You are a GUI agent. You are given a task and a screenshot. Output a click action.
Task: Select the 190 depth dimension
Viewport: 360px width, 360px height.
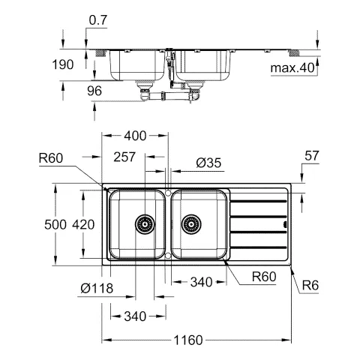tap(64, 65)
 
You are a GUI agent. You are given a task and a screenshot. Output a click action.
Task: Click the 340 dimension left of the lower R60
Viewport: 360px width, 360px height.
tap(200, 283)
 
